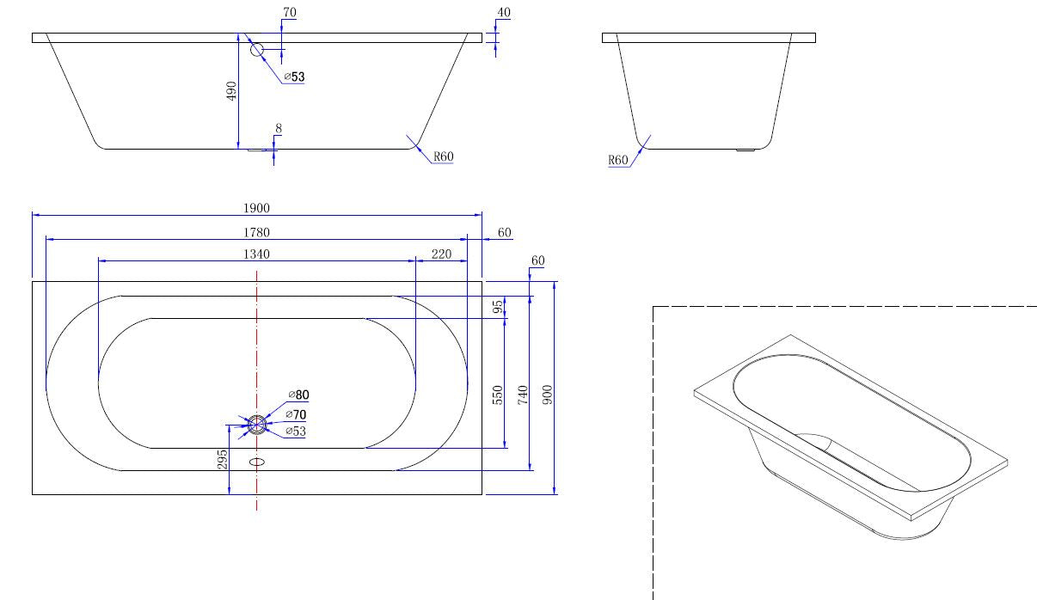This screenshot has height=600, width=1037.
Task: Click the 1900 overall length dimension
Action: (x=256, y=208)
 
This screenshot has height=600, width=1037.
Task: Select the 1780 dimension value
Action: (x=256, y=232)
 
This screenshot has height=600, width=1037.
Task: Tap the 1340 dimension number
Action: (x=256, y=254)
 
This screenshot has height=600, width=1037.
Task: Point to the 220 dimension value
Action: (x=441, y=254)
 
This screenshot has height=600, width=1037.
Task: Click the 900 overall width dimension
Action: (x=548, y=395)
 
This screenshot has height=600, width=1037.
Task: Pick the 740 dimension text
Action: (x=522, y=395)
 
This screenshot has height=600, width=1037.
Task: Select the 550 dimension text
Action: (x=497, y=395)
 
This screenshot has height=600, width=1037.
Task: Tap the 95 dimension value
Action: (x=497, y=307)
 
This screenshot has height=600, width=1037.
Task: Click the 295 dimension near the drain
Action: (x=222, y=459)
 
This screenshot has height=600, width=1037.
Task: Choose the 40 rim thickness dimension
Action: (x=503, y=13)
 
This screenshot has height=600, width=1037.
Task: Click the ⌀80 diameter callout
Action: (x=298, y=395)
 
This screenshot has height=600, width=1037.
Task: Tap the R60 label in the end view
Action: (x=618, y=160)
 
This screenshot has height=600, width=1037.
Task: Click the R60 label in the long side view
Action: (x=443, y=156)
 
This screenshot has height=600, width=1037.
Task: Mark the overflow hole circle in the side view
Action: (x=257, y=49)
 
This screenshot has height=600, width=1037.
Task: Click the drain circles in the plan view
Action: (x=257, y=424)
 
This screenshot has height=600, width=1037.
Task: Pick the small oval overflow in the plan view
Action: (x=257, y=462)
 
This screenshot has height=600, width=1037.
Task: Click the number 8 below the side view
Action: (x=278, y=129)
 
